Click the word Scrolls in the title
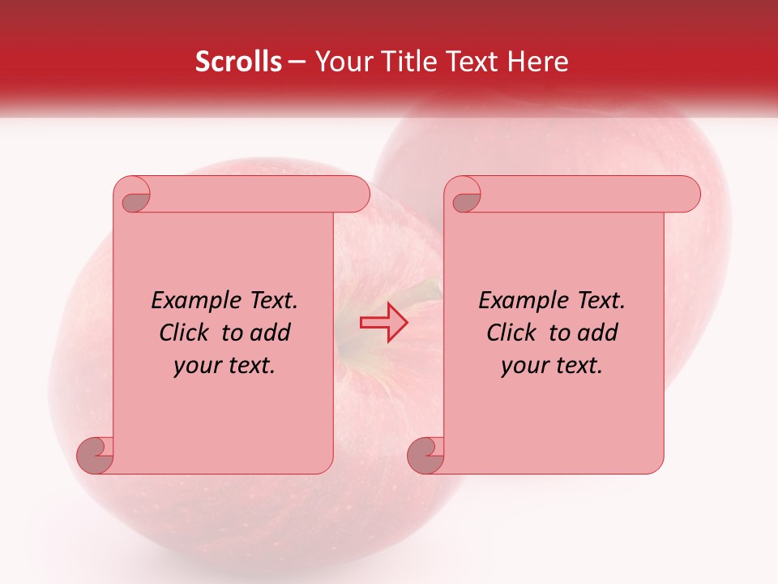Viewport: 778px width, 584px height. [x=238, y=62]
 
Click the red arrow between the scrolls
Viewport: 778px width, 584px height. [x=383, y=323]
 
